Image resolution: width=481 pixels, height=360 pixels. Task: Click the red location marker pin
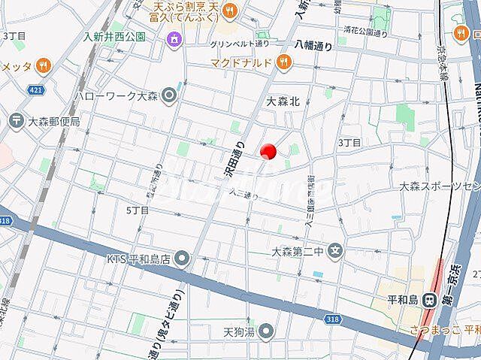(x=268, y=152)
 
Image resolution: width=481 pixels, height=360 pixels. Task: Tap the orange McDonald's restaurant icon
(x=283, y=64)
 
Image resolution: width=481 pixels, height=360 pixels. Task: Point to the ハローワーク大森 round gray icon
(x=168, y=95)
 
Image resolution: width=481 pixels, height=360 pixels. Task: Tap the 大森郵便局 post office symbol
(x=15, y=119)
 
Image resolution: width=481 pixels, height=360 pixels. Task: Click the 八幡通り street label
(x=313, y=45)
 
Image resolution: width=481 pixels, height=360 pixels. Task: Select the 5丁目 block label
(x=138, y=210)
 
